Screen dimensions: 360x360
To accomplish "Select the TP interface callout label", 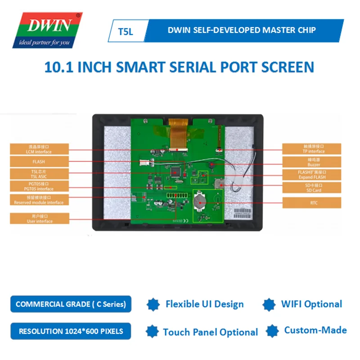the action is (x=311, y=149).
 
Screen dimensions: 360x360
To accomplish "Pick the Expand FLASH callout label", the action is (x=311, y=175).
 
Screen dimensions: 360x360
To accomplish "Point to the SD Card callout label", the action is (x=311, y=188).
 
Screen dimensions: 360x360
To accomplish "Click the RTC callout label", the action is (x=311, y=202).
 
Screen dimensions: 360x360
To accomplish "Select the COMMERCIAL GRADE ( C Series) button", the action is (x=71, y=304).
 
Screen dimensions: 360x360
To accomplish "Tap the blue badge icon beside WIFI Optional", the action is (x=269, y=304).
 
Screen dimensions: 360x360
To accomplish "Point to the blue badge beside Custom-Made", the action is (x=272, y=331).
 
